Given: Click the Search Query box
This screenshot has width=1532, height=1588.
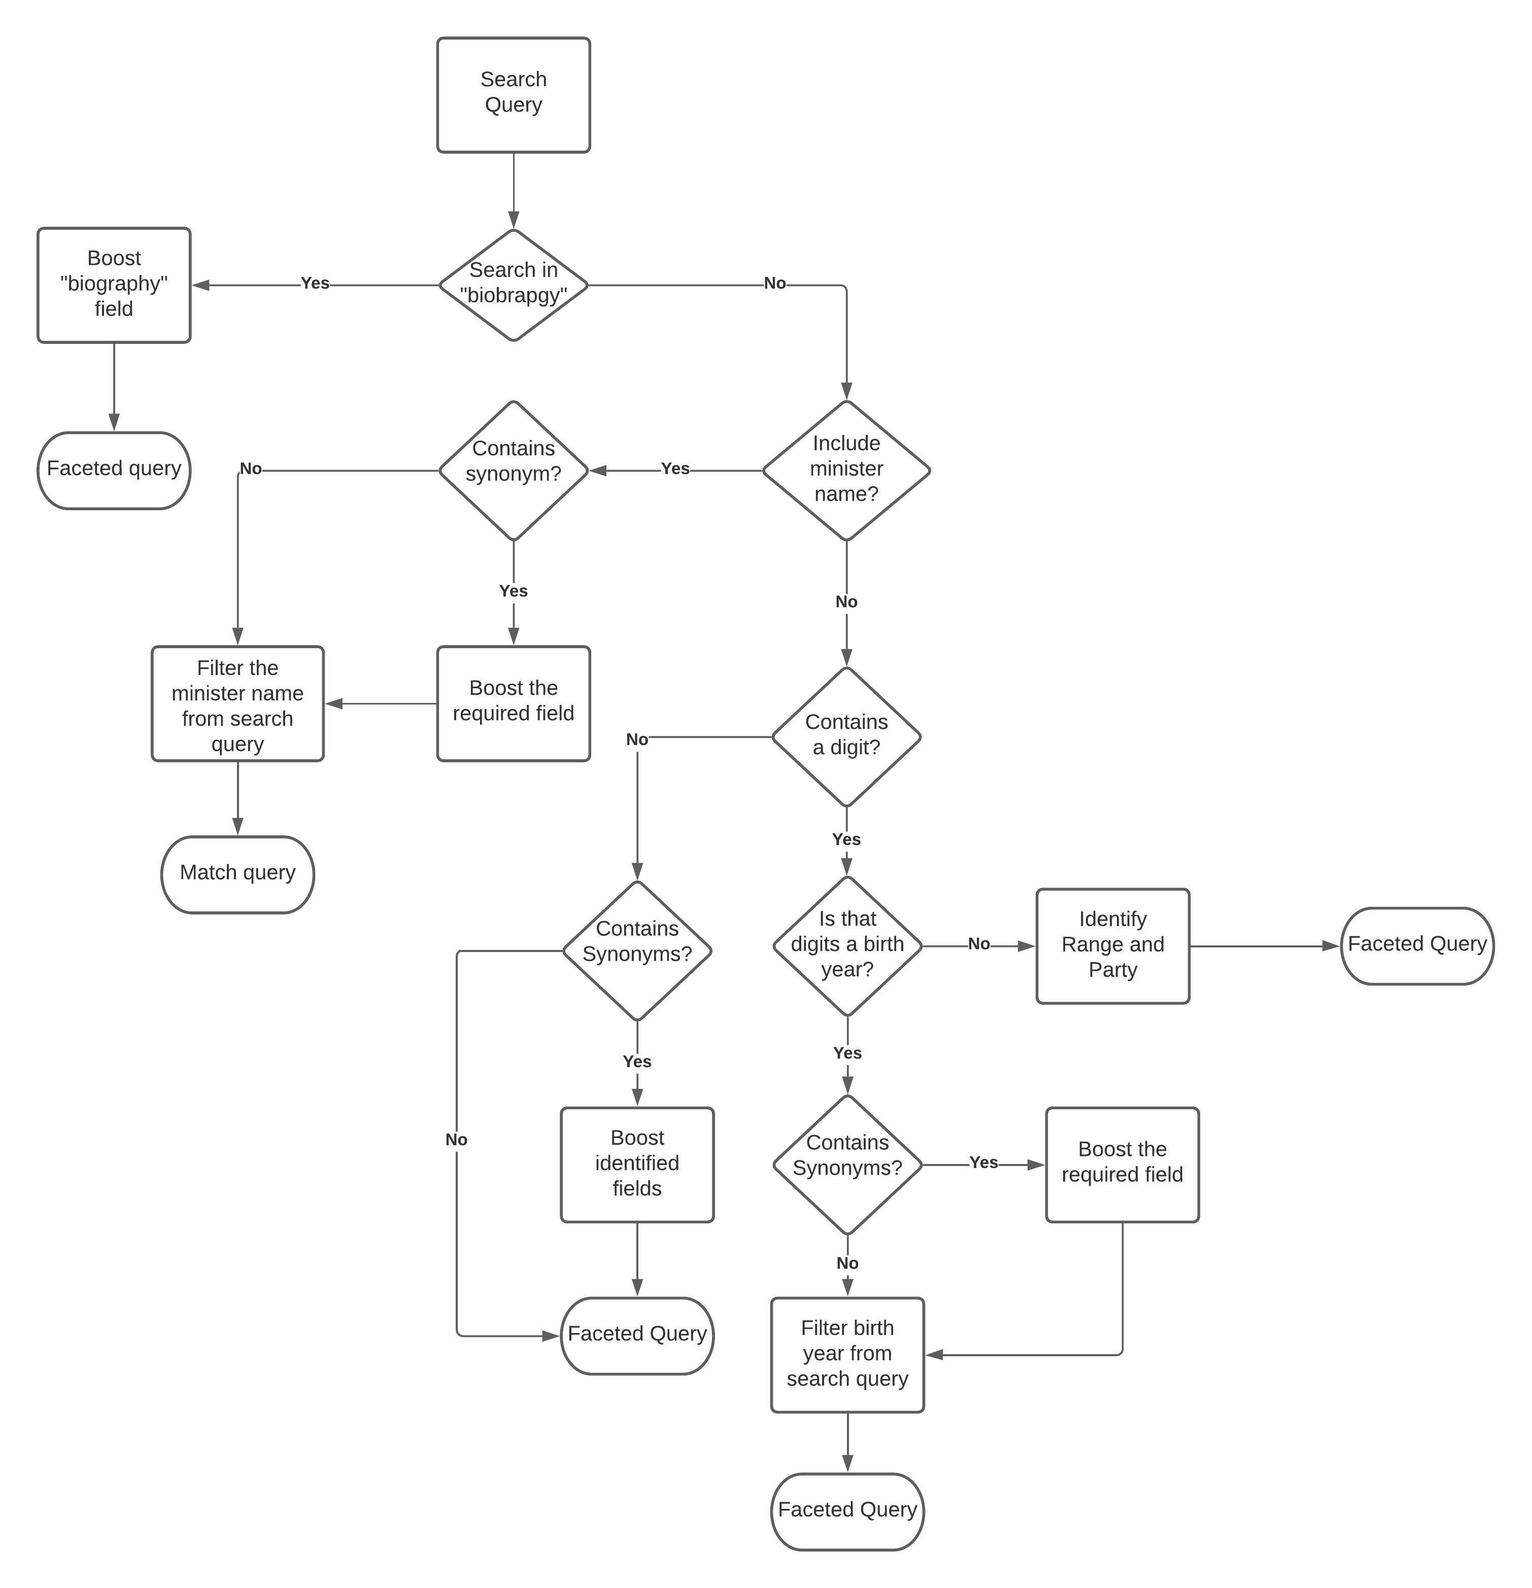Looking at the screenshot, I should [x=513, y=95].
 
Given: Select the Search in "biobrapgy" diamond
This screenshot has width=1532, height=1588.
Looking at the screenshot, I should [x=513, y=285].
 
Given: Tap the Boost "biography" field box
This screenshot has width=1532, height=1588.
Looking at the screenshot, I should [x=114, y=285].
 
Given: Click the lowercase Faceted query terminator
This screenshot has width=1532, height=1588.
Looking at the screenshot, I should [x=114, y=470].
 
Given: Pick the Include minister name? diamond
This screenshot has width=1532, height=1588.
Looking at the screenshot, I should [x=846, y=470].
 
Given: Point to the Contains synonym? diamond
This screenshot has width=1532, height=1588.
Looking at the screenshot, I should [x=513, y=470].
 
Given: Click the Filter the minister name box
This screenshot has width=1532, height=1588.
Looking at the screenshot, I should [x=237, y=703].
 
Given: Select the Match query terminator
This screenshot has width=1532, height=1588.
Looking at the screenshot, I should [x=237, y=873].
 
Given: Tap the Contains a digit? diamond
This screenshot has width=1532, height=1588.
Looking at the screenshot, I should [x=846, y=735].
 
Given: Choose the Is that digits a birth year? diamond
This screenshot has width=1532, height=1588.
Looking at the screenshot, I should [x=847, y=945].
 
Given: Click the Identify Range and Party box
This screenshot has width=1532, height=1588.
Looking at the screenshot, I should [x=1112, y=945].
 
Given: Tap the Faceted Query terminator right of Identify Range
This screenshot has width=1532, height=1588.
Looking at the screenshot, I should [x=1416, y=945].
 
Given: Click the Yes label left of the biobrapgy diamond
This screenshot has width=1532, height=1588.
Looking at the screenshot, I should [x=315, y=283].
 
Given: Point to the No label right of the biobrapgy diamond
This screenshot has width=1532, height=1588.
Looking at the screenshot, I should [x=774, y=283].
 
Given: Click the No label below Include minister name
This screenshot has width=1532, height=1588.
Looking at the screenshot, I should [x=846, y=601].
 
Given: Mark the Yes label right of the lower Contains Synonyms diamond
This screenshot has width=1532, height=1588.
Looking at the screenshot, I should [x=983, y=1162].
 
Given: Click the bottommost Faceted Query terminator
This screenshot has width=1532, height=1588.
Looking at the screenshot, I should [x=847, y=1510].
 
